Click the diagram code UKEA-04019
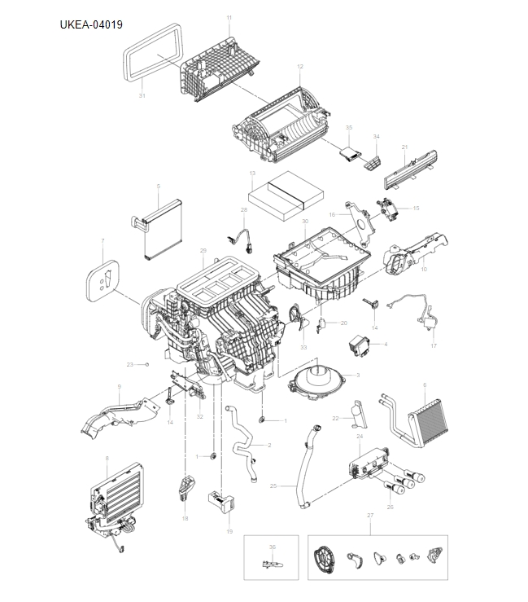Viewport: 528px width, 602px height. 91,24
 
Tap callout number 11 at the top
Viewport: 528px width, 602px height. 229,18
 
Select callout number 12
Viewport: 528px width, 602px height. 300,66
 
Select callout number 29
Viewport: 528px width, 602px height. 203,250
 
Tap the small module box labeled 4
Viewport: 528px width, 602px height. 360,344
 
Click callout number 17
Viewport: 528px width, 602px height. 434,346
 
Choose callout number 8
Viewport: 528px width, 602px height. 107,459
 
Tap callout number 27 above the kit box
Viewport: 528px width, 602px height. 370,516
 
